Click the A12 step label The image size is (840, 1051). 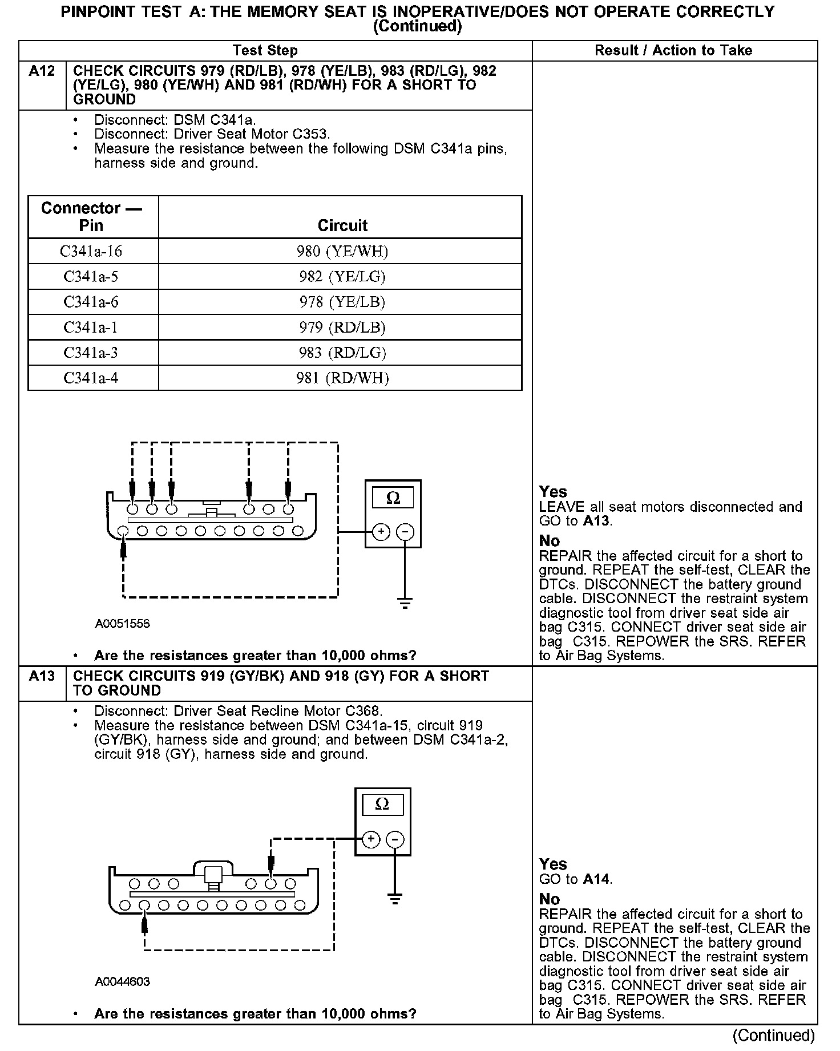42,71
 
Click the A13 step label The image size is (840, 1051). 42,676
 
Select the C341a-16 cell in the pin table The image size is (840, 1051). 91,251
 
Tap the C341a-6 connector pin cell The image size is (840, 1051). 91,302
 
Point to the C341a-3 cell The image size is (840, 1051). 91,353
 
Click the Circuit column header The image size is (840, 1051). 342,225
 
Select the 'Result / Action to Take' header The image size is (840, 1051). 673,50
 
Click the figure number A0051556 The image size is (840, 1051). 122,624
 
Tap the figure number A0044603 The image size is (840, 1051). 122,981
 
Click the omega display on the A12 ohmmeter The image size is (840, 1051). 393,498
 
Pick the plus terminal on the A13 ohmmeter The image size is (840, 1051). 371,839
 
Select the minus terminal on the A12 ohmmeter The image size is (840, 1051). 405,532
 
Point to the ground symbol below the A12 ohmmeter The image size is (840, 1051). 405,603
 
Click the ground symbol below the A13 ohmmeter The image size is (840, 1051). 394,899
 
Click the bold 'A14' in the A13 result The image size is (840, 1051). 597,879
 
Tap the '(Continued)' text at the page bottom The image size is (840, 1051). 773,1035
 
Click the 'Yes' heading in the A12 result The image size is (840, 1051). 553,492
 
